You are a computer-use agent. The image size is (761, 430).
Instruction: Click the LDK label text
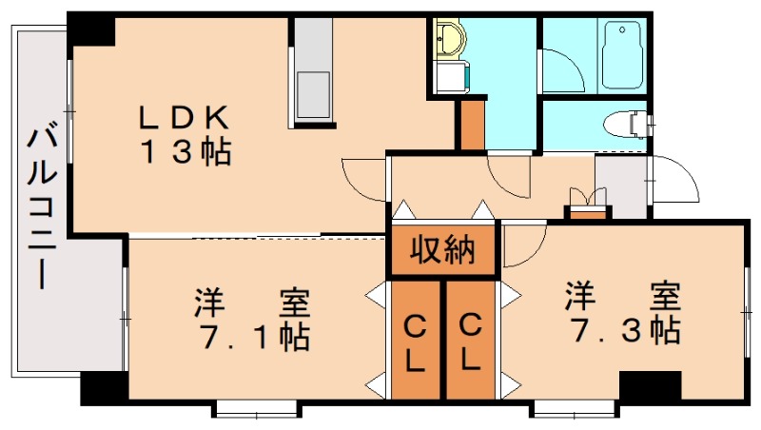pos(184,117)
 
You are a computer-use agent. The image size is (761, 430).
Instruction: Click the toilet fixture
pos(625,124)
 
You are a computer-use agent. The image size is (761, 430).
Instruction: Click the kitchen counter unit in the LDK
pos(311,68)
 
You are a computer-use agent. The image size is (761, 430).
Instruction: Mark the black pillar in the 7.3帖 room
pos(650,385)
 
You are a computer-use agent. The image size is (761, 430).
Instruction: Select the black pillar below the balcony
pos(103,387)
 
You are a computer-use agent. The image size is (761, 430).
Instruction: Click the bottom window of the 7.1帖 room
pos(257,410)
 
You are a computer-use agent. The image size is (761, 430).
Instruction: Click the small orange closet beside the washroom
pos(470,124)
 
